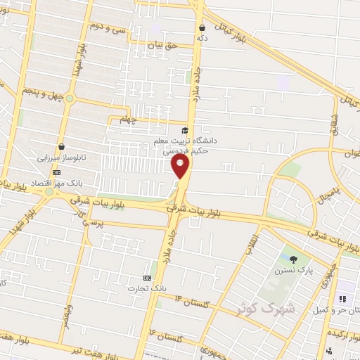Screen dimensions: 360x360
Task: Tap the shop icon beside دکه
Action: click(x=202, y=28)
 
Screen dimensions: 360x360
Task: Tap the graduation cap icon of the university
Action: click(x=185, y=130)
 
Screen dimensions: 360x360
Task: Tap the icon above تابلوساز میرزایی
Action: click(x=62, y=147)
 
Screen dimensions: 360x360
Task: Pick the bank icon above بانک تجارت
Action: click(x=148, y=277)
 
